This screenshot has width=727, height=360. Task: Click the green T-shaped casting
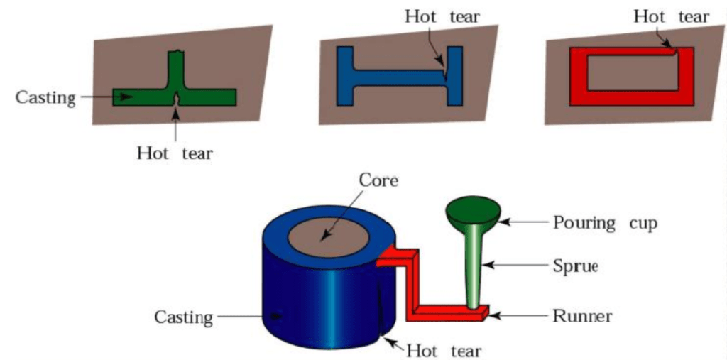pos(206,96)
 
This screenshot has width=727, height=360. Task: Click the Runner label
pos(582,315)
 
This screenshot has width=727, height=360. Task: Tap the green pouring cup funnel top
pos(474,210)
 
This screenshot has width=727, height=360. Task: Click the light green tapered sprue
pos(473,270)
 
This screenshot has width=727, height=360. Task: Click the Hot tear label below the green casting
pos(175,152)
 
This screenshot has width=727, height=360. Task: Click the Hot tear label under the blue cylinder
pos(444,350)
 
